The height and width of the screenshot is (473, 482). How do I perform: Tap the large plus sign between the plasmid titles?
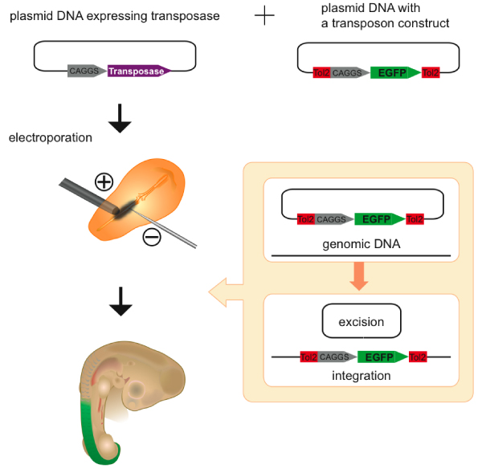click(x=263, y=15)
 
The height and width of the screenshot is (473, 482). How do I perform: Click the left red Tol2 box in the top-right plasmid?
click(x=321, y=72)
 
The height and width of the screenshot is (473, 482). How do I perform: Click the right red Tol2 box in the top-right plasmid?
click(x=431, y=72)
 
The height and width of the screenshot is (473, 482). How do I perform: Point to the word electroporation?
click(x=51, y=137)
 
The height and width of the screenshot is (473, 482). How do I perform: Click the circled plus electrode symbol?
click(x=104, y=182)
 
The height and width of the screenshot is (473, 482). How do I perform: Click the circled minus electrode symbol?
click(x=152, y=236)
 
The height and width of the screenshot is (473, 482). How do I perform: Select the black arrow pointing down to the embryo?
click(x=120, y=303)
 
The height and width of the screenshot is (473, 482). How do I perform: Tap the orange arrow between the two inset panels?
click(x=359, y=275)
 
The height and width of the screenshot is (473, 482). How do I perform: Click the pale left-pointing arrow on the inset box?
click(x=226, y=292)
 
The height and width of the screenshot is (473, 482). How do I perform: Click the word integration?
click(x=361, y=375)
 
